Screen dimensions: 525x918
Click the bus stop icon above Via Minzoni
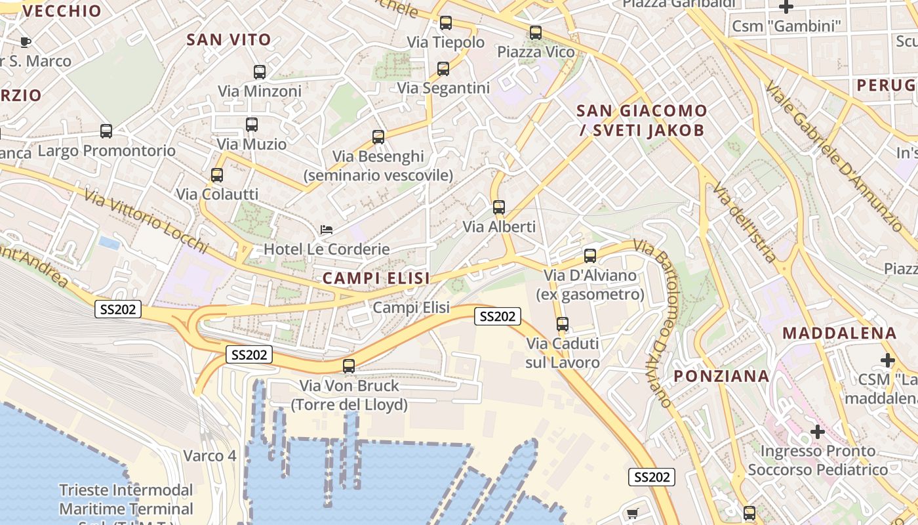click(260, 72)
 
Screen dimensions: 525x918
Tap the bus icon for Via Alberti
click(499, 207)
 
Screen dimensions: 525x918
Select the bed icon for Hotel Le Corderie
click(326, 230)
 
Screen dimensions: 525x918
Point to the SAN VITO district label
click(229, 39)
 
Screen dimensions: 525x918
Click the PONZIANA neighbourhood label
click(722, 376)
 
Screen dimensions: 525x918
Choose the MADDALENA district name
click(839, 333)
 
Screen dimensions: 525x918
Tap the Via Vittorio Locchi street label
click(146, 220)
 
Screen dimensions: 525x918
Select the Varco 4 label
click(210, 455)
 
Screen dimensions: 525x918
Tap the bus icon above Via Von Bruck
click(349, 366)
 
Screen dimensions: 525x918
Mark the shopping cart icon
click(632, 513)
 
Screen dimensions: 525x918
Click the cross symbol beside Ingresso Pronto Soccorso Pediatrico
click(817, 432)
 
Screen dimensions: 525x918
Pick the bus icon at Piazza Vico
click(536, 33)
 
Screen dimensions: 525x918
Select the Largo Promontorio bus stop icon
click(106, 131)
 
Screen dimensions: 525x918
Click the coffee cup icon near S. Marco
click(26, 43)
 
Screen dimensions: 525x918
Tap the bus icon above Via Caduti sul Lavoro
click(563, 324)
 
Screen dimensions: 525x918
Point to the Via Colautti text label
click(217, 194)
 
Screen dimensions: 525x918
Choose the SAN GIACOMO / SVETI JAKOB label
click(642, 120)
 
